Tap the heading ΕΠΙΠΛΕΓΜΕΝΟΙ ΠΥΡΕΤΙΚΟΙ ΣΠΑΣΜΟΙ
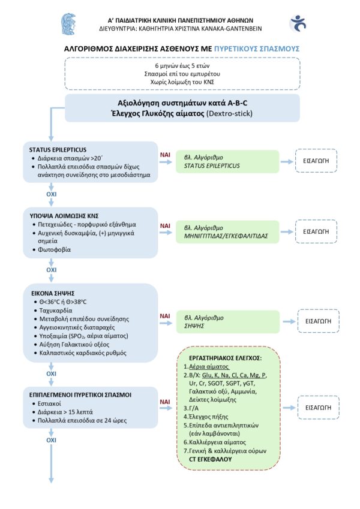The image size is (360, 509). click(x=80, y=395)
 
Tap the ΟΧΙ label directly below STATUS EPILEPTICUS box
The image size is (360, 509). click(x=51, y=194)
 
